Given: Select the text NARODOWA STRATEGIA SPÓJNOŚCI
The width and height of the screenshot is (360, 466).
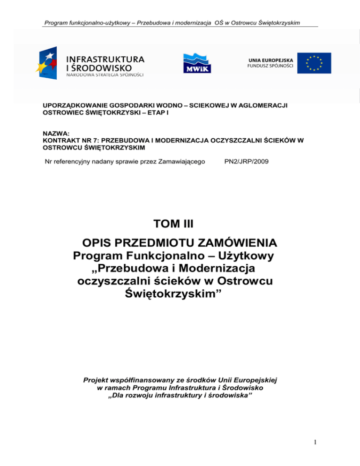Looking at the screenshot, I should (105, 75).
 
